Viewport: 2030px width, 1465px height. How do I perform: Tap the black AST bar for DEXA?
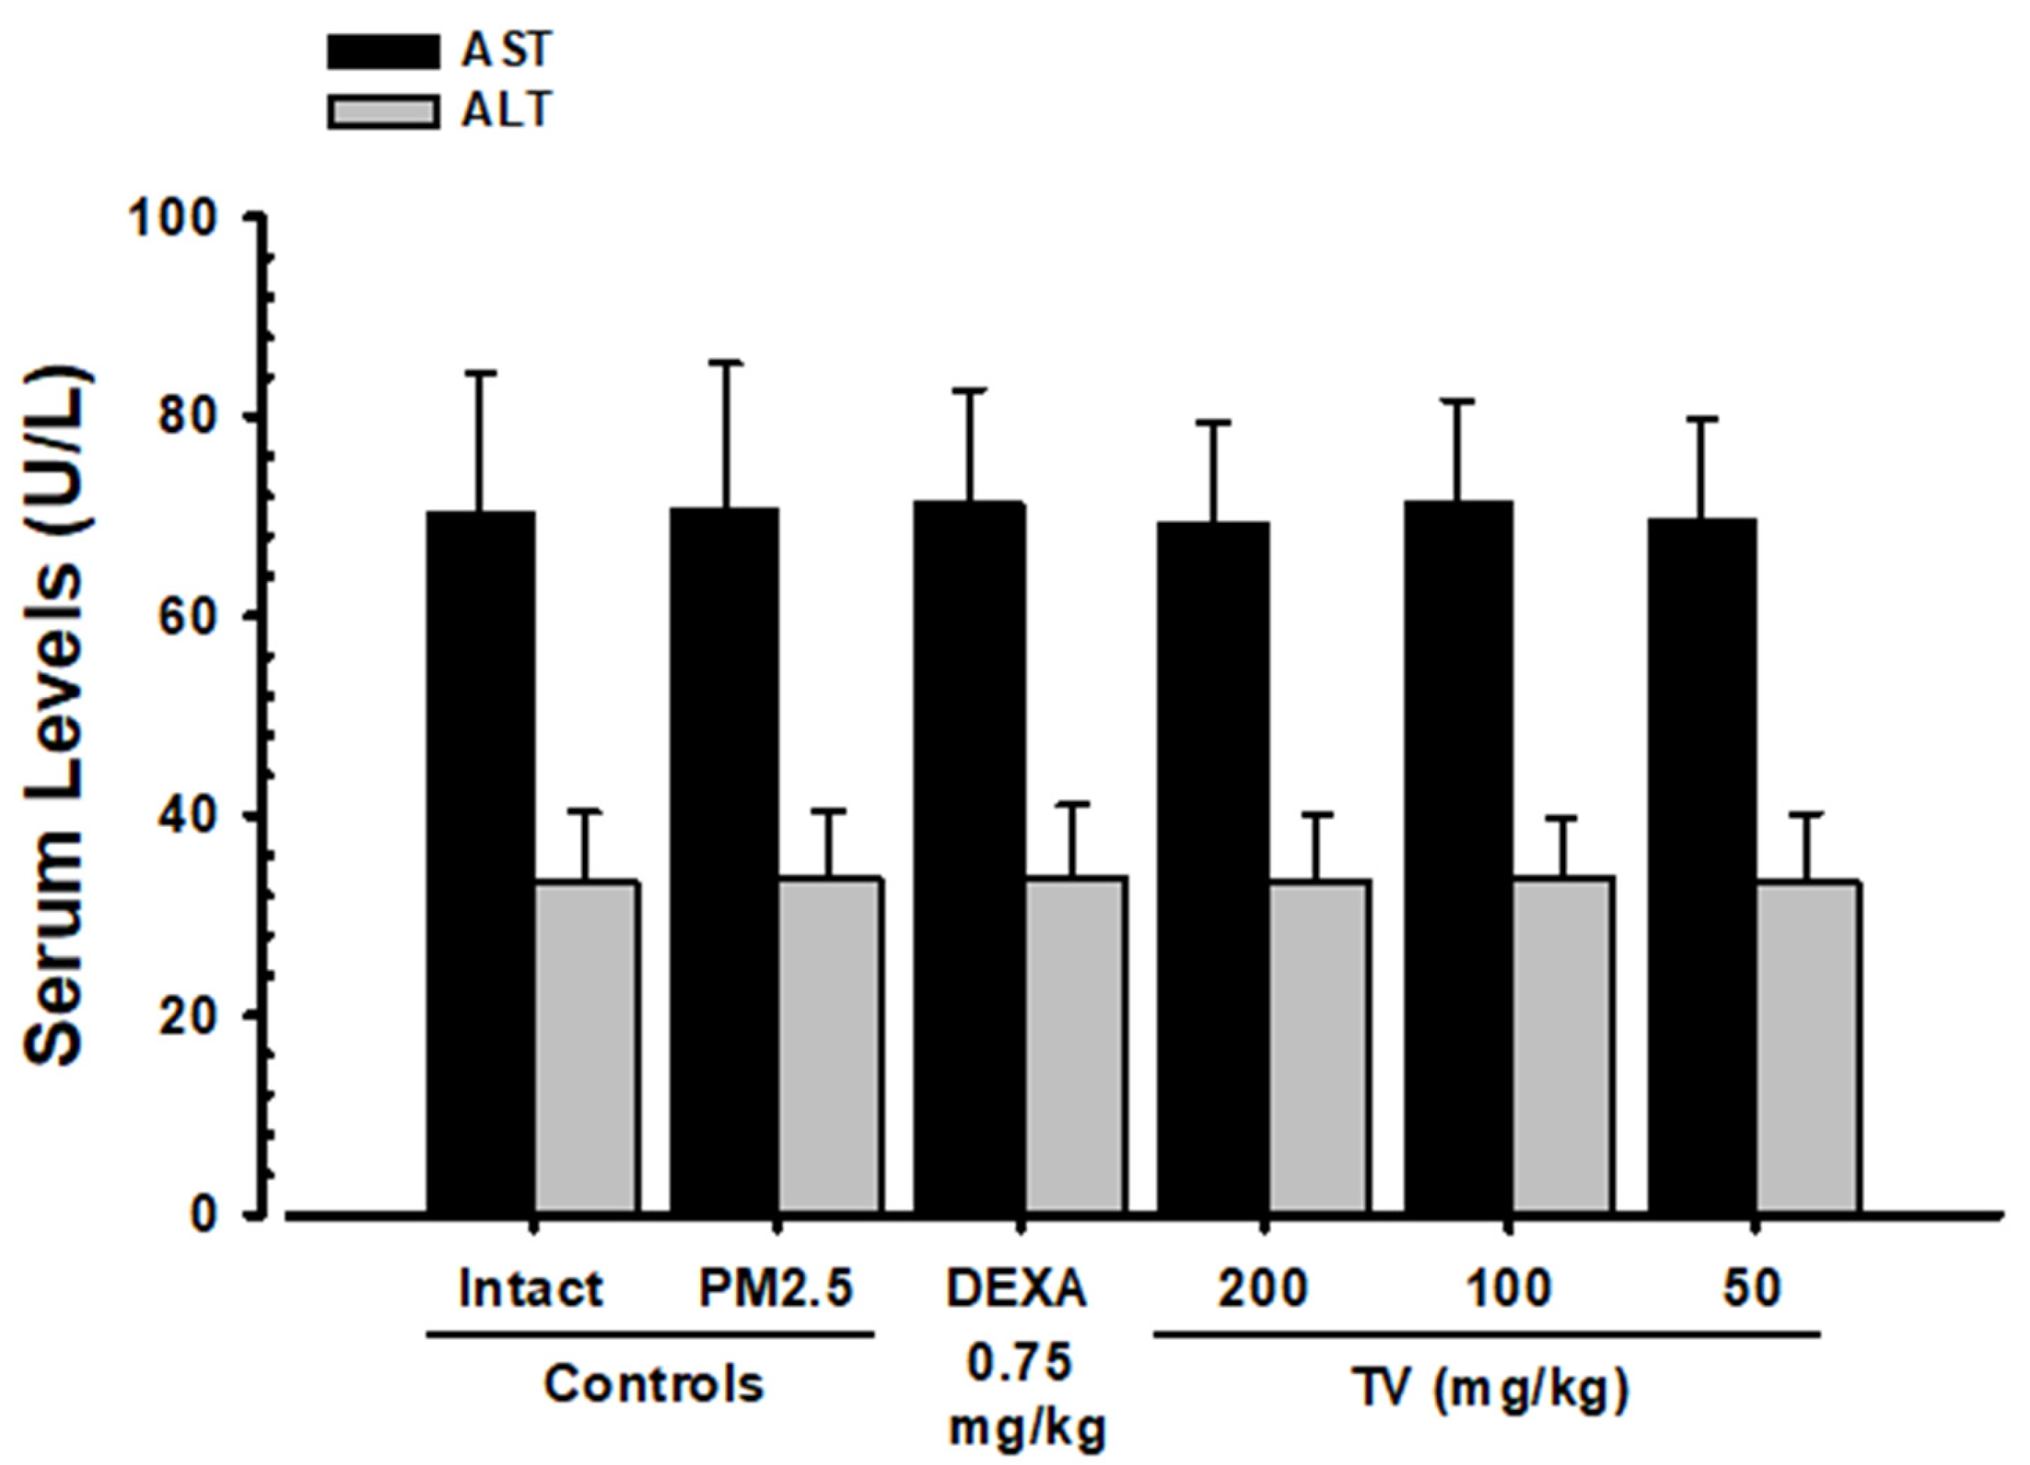coord(969,860)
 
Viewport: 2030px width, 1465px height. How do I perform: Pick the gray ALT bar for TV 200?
coord(1318,1048)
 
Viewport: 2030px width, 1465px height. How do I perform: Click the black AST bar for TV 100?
coord(1458,860)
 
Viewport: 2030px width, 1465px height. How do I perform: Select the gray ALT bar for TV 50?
coord(1808,1048)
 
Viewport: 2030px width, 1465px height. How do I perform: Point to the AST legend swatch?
coord(383,52)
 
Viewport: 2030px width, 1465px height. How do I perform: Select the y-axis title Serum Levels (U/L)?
coord(56,717)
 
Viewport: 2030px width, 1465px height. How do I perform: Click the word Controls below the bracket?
coord(653,1384)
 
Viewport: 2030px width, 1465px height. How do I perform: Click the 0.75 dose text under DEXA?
coord(1020,1364)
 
